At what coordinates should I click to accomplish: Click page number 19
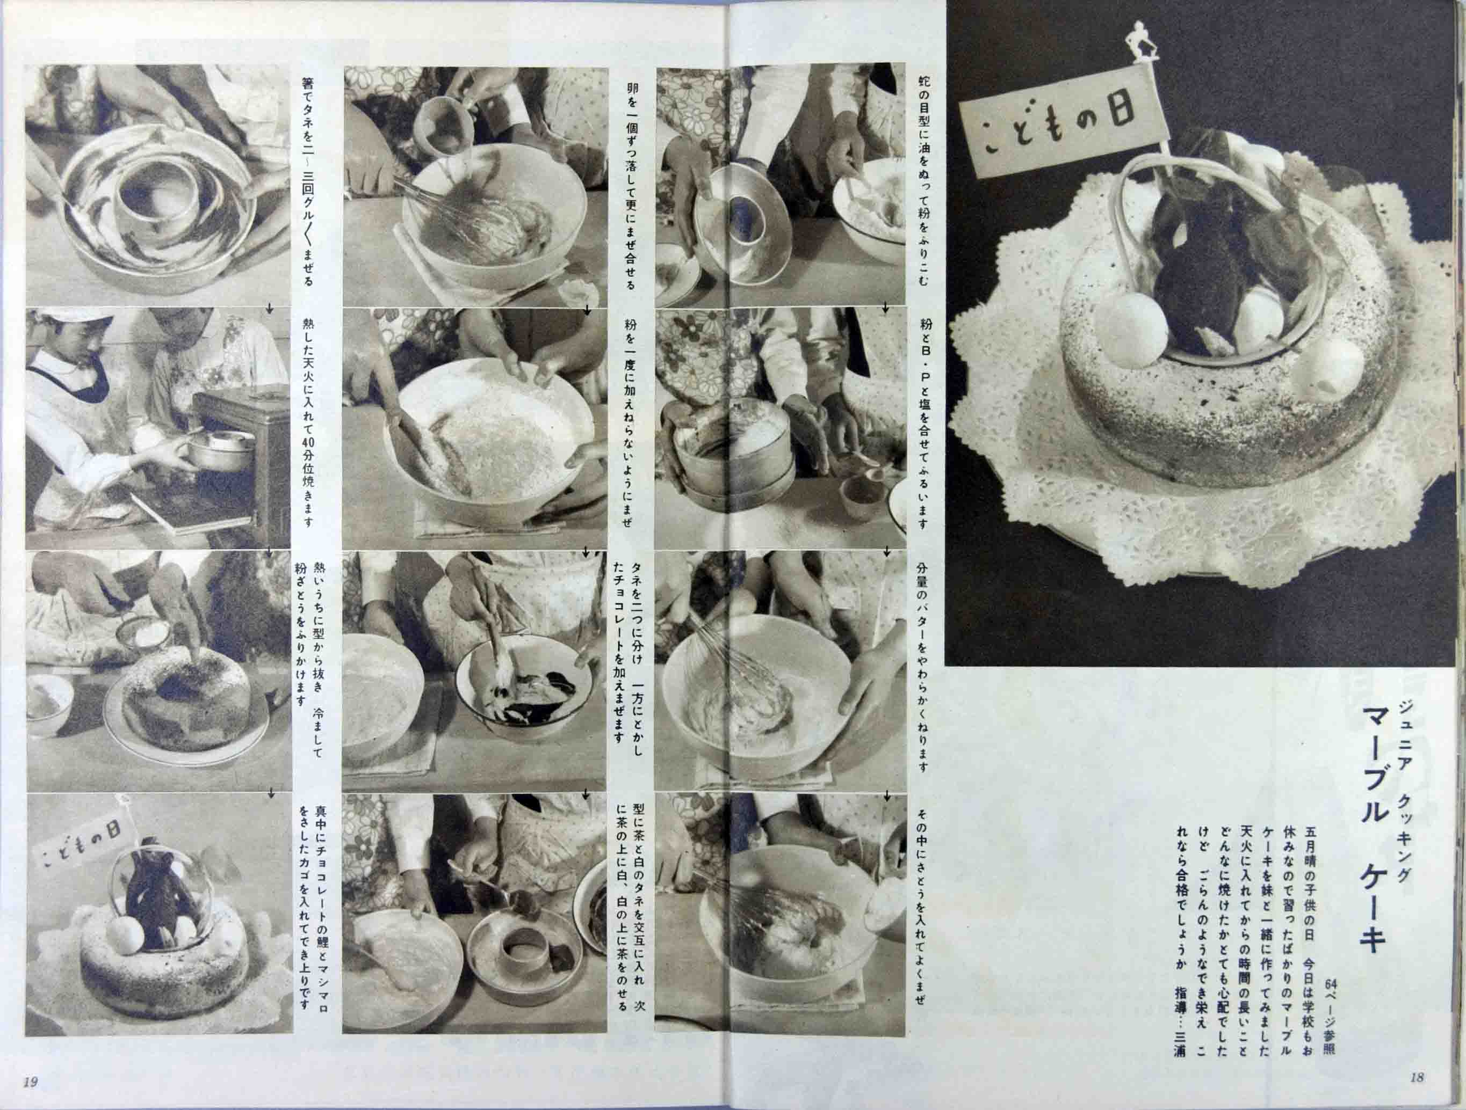point(30,1082)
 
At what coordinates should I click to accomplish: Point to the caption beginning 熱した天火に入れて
point(308,421)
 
